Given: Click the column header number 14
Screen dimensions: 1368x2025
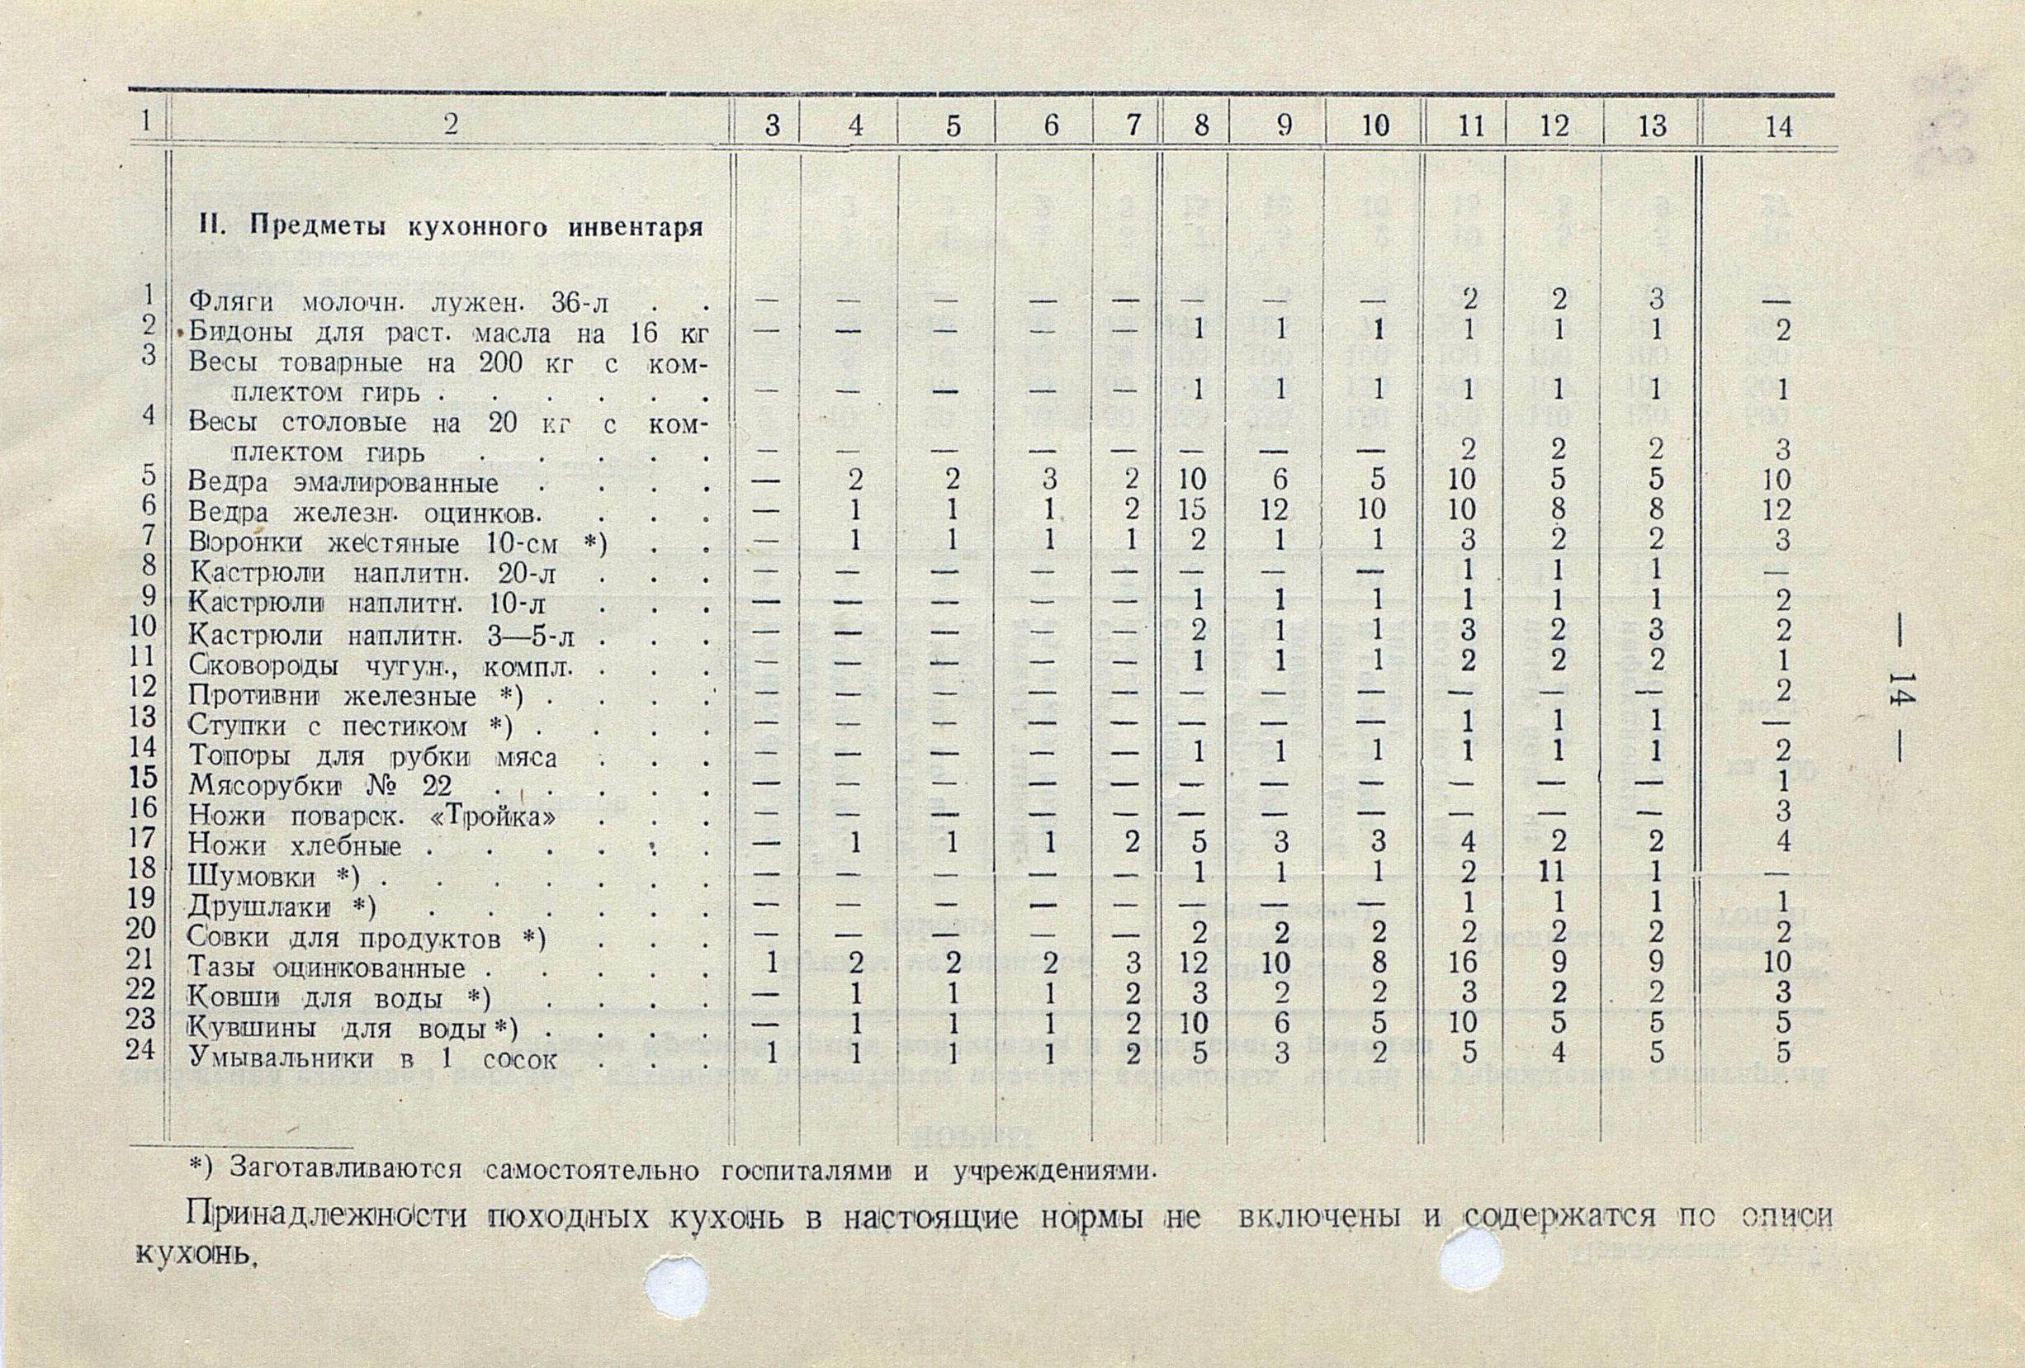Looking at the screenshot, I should pos(1777,127).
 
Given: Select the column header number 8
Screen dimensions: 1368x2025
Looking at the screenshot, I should pos(1202,126).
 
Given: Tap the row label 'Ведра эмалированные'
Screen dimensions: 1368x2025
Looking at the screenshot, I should pos(344,483).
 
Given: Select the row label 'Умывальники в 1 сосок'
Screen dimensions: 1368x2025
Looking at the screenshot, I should pos(373,1059).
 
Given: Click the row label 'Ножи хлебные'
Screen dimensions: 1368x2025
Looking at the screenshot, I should pos(296,846).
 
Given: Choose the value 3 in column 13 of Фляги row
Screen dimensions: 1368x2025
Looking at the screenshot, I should pos(1655,300).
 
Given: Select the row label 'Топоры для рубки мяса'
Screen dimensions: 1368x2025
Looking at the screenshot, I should pos(373,757).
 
